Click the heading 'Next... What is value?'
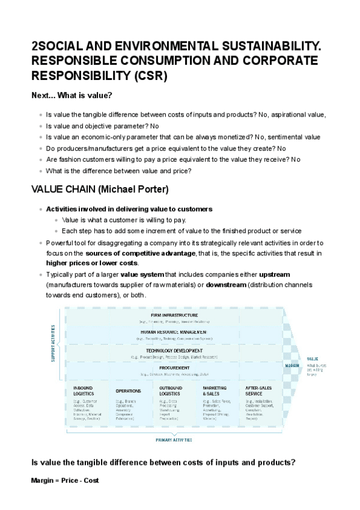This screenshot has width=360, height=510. click(72, 96)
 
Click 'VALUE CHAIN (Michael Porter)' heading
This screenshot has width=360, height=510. click(100, 189)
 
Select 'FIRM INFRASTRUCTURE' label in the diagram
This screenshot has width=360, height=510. click(174, 315)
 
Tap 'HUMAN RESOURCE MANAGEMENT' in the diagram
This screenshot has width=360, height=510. click(174, 332)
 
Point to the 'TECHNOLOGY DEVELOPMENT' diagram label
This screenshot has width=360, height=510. click(174, 350)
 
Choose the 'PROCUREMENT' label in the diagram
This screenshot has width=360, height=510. click(174, 367)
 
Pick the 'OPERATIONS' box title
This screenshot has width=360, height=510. click(128, 391)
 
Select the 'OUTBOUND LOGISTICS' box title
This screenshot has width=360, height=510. click(171, 390)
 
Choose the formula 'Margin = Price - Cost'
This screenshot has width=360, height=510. click(65, 481)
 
